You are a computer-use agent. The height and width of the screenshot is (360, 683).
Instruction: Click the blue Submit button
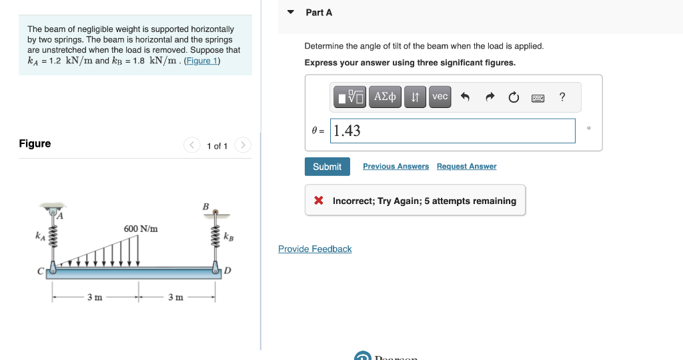[327, 167]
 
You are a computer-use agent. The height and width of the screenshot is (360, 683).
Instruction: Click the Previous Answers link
[396, 166]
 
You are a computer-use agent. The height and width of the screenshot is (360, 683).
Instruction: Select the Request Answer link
[466, 166]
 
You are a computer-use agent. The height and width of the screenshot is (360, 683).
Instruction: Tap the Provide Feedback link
[315, 249]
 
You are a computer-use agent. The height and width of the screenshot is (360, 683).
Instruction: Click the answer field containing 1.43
[454, 131]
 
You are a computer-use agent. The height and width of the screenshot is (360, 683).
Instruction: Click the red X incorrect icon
[319, 201]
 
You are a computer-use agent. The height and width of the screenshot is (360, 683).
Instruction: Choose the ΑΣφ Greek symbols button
[386, 97]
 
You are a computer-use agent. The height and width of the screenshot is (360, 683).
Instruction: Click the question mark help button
[562, 97]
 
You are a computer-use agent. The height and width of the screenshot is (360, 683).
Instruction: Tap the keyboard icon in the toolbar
[538, 98]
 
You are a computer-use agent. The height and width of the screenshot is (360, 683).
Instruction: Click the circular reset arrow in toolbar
[514, 98]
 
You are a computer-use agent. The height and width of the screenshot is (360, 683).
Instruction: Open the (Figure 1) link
[202, 61]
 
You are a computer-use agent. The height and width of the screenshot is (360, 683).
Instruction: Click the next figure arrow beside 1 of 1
[243, 145]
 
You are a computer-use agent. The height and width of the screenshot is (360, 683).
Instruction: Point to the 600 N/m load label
[141, 229]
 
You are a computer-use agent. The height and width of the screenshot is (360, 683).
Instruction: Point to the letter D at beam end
[227, 270]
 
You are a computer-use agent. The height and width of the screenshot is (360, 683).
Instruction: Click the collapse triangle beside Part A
[291, 12]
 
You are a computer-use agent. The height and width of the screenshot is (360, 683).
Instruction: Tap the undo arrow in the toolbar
[466, 97]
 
